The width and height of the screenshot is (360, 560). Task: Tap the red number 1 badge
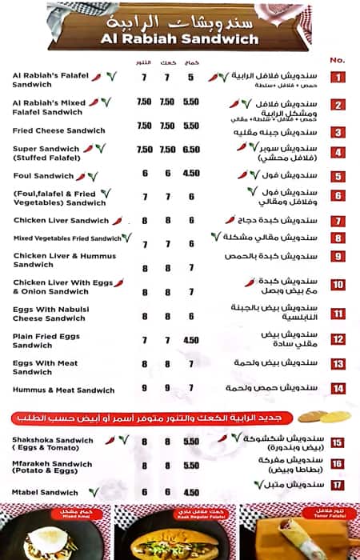338,78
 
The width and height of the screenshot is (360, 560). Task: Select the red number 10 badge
338,286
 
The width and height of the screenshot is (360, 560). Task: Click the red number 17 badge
338,485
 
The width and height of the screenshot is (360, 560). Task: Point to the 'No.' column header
337,60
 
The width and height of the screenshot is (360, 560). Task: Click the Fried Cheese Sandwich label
58,130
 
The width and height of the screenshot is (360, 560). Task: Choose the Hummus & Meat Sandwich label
64,390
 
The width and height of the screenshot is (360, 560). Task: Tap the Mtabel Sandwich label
46,492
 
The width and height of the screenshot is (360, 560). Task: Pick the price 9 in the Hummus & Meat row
145,390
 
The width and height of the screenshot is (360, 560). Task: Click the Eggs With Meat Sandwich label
46,367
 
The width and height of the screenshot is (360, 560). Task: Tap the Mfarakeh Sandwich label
53,468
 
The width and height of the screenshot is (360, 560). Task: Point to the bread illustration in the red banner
323,417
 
